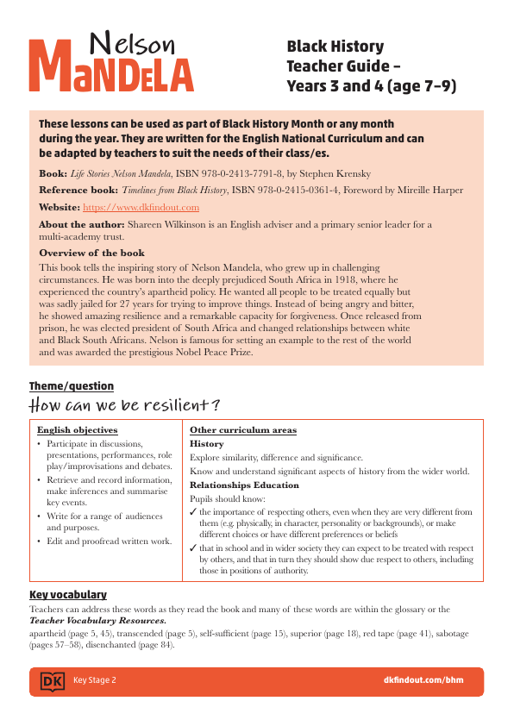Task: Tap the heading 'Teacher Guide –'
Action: click(343, 66)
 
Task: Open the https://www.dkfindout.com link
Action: click(141, 207)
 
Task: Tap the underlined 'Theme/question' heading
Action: click(72, 386)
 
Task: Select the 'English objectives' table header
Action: click(77, 429)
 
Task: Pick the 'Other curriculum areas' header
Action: click(243, 429)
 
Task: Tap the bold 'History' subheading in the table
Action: click(206, 443)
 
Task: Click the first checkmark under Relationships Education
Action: click(193, 512)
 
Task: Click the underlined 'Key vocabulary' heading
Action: click(68, 595)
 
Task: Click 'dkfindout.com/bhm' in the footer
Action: click(423, 680)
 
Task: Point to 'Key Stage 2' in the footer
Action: click(94, 680)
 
